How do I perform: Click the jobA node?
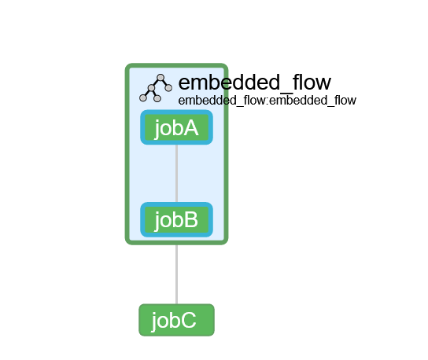pyautogui.click(x=176, y=127)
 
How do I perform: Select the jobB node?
pyautogui.click(x=176, y=219)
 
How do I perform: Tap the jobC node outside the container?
pyautogui.click(x=176, y=320)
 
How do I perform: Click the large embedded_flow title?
pyautogui.click(x=254, y=83)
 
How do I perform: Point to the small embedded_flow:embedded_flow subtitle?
pyautogui.click(x=267, y=101)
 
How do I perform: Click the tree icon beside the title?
pyautogui.click(x=156, y=88)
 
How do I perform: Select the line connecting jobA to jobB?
pyautogui.click(x=176, y=173)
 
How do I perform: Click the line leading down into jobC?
pyautogui.click(x=176, y=275)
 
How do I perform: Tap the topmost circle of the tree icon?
pyautogui.click(x=160, y=78)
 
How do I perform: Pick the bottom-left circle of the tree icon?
pyautogui.click(x=143, y=98)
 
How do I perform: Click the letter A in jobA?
pyautogui.click(x=190, y=127)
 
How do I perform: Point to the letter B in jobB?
pyautogui.click(x=190, y=219)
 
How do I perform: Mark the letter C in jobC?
pyautogui.click(x=190, y=320)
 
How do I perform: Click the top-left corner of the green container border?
pyautogui.click(x=129, y=68)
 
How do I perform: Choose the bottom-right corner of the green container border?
pyautogui.click(x=224, y=241)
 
